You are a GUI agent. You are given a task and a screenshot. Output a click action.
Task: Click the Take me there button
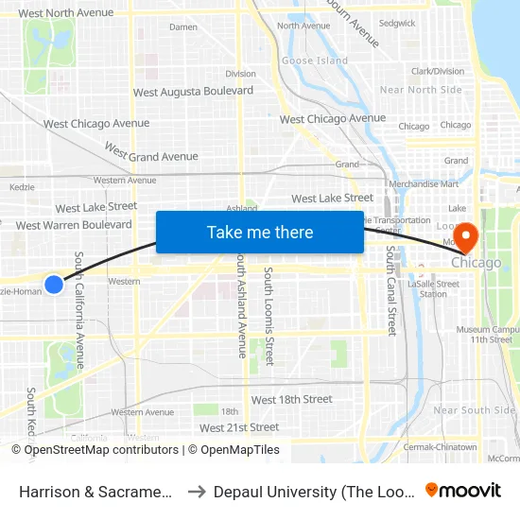(x=260, y=233)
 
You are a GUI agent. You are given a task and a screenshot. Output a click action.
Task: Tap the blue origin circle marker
(x=54, y=284)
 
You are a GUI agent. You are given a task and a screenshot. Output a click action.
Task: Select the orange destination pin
(x=467, y=235)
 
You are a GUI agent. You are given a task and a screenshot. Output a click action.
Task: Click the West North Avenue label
(x=65, y=13)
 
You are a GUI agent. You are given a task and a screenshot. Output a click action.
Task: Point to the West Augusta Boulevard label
(x=193, y=92)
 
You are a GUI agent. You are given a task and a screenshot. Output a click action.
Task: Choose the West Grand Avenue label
(x=151, y=152)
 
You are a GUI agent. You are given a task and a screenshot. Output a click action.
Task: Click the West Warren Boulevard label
(x=74, y=225)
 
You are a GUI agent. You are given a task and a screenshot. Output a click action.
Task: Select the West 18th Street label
(x=292, y=400)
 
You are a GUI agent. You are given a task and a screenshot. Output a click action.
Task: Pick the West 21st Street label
(x=239, y=427)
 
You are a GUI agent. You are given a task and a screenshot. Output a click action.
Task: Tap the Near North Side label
(x=421, y=90)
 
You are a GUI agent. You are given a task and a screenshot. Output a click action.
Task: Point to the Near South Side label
(x=474, y=410)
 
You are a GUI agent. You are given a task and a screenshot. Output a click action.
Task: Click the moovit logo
(x=462, y=491)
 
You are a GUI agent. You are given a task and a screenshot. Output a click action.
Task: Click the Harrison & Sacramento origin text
(x=95, y=492)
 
